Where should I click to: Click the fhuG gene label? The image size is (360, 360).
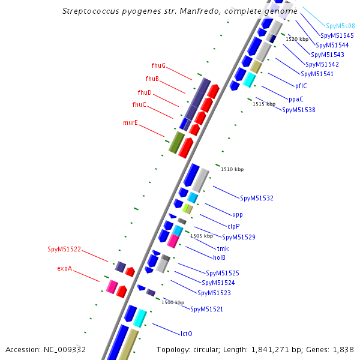point(158,65)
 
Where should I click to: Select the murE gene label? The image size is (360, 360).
point(130,122)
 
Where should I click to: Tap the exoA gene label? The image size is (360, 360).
point(64,268)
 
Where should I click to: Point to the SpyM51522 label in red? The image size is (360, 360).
point(64,249)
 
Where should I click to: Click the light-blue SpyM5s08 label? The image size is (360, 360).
point(340,26)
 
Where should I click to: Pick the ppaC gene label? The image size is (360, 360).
point(296,99)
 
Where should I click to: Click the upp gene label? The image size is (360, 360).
point(237,214)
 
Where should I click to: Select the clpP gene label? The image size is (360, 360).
point(233,226)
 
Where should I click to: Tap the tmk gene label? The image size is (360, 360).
point(223,248)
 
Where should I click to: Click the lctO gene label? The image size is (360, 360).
point(186,333)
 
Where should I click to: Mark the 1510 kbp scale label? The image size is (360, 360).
point(232,169)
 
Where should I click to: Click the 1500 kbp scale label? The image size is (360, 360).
point(173,302)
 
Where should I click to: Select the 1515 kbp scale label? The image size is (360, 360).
point(263,104)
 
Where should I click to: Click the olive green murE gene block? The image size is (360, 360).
point(176,142)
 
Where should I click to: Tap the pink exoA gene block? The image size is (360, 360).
point(112,286)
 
